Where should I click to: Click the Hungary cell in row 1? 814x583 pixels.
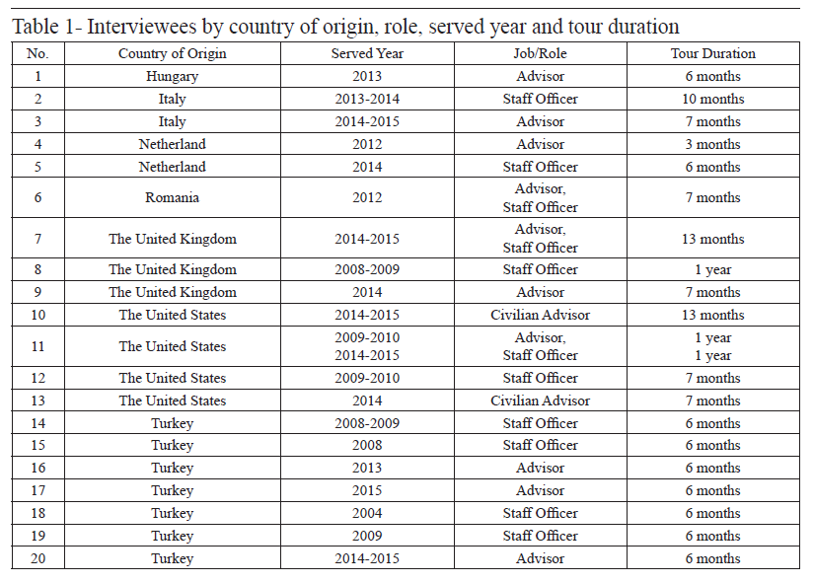(x=172, y=76)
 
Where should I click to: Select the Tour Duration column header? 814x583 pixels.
(x=712, y=53)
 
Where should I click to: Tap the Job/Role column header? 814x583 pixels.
(x=540, y=53)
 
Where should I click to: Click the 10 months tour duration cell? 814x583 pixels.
(x=712, y=99)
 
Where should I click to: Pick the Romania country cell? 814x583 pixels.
(x=172, y=197)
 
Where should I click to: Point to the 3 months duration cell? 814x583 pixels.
(x=712, y=144)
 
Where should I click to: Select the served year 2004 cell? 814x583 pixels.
(x=367, y=513)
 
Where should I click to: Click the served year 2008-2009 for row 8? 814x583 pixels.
(x=367, y=269)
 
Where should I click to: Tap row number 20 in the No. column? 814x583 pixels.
(x=37, y=558)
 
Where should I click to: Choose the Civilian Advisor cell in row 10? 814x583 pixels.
(x=540, y=315)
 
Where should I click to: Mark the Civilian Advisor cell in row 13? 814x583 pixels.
(x=540, y=401)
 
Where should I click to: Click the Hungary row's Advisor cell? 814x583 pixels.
(x=540, y=76)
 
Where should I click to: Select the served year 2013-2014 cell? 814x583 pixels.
(x=367, y=99)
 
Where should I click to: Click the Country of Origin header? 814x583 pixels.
(x=173, y=53)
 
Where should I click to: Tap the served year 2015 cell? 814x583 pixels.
(x=367, y=490)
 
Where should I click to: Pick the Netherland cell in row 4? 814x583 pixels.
(x=172, y=144)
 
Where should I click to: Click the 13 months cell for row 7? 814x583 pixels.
(x=712, y=239)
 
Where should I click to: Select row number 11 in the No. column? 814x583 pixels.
(x=37, y=346)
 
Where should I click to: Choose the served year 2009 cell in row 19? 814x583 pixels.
(x=367, y=536)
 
